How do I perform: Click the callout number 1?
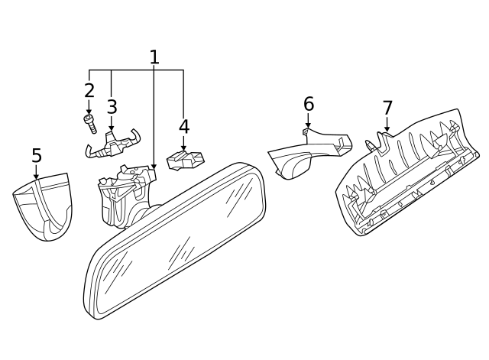[x=154, y=57]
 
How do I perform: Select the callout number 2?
[x=89, y=90]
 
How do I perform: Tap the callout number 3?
[x=112, y=107]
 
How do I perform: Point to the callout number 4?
[x=184, y=127]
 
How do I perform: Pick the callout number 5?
[x=37, y=155]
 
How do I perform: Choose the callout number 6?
[x=309, y=104]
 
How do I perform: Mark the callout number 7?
[x=387, y=108]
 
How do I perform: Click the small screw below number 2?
[x=90, y=124]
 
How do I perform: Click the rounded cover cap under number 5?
[x=43, y=206]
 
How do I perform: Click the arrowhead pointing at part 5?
[x=37, y=177]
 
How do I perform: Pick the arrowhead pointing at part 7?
[x=387, y=128]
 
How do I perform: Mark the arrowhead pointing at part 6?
[x=309, y=125]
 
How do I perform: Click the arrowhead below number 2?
[x=89, y=112]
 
